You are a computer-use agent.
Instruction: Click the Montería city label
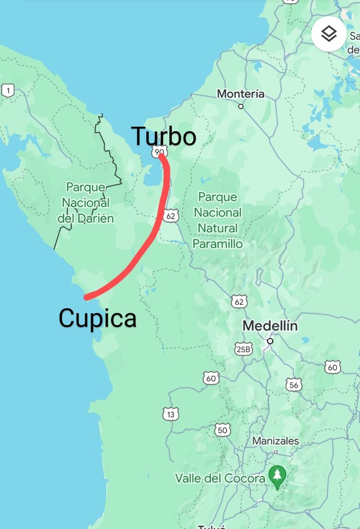pyautogui.click(x=240, y=94)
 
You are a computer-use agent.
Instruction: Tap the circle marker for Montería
pyautogui.click(x=240, y=106)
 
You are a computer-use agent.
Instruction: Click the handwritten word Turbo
pyautogui.click(x=164, y=137)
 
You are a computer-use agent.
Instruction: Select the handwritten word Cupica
pyautogui.click(x=97, y=318)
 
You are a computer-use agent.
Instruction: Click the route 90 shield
pyautogui.click(x=160, y=151)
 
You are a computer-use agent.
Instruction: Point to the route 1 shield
pyautogui.click(x=7, y=91)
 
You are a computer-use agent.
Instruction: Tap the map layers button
pyautogui.click(x=329, y=34)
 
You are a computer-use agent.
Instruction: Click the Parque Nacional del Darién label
pyautogui.click(x=86, y=202)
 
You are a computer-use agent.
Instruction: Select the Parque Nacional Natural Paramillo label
pyautogui.click(x=217, y=220)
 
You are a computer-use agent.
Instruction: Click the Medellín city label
pyautogui.click(x=270, y=326)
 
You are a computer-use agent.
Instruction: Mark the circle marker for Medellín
pyautogui.click(x=270, y=341)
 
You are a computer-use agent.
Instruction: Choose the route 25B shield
pyautogui.click(x=243, y=349)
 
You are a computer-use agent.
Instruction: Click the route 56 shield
pyautogui.click(x=294, y=384)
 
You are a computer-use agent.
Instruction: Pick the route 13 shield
pyautogui.click(x=171, y=414)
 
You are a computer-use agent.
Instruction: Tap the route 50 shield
pyautogui.click(x=222, y=430)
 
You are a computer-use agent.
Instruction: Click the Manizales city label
pyautogui.click(x=276, y=441)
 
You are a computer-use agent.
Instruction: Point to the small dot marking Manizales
pyautogui.click(x=276, y=452)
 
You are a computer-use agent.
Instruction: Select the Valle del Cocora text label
pyautogui.click(x=220, y=478)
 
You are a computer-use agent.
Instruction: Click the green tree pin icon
pyautogui.click(x=277, y=476)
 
